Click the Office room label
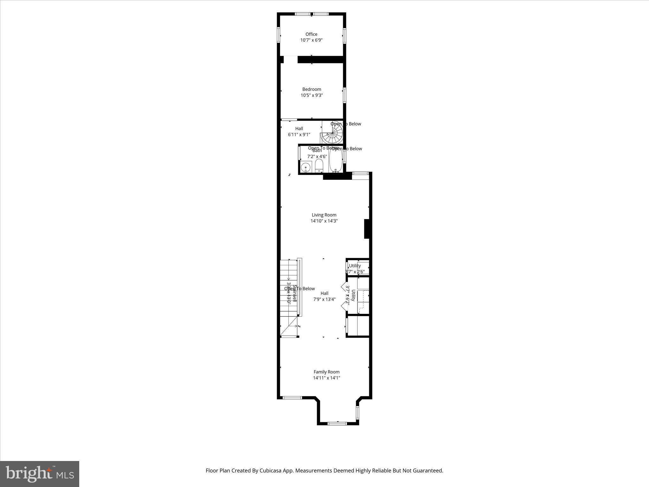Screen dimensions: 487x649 (x=311, y=34)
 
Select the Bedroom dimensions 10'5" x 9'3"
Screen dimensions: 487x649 (x=312, y=95)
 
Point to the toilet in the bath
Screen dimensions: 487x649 (x=319, y=166)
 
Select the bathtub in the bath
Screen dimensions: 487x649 (x=336, y=160)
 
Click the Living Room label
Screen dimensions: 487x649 (x=324, y=215)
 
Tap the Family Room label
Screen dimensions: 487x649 (x=326, y=372)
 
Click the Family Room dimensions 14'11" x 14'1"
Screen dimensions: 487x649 (x=326, y=378)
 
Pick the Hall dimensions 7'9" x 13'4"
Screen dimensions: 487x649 (x=324, y=299)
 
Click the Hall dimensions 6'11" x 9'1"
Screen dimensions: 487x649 (x=299, y=134)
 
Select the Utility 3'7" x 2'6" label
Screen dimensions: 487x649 (x=355, y=269)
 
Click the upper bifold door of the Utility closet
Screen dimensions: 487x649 (x=343, y=287)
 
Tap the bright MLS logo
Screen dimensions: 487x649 (x=40, y=474)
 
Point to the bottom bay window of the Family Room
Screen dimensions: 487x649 (x=337, y=423)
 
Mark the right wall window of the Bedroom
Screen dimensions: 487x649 (x=344, y=95)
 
